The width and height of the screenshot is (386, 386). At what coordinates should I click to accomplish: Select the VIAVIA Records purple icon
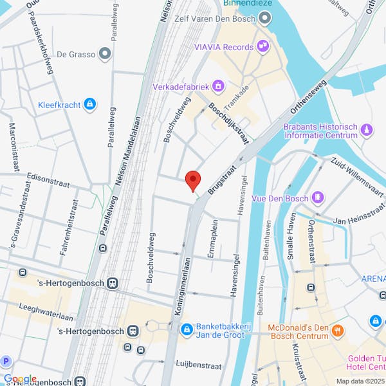tap(262, 46)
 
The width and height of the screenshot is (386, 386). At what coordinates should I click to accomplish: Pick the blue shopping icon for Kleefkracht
tap(89, 103)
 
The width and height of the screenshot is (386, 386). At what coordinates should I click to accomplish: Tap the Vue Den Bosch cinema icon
tap(317, 197)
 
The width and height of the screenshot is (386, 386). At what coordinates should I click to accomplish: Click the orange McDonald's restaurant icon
tap(338, 331)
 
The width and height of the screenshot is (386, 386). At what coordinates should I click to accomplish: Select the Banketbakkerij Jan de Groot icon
tap(187, 329)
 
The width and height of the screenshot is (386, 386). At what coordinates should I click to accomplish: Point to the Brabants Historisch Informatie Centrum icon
tap(367, 131)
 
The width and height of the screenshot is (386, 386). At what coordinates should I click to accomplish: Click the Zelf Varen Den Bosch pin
tap(264, 19)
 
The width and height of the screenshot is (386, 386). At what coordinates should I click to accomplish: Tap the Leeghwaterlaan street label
tap(46, 312)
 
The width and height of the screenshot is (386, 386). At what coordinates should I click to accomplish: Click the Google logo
tap(19, 380)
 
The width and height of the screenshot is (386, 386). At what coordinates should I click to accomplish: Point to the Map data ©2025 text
tap(359, 381)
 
